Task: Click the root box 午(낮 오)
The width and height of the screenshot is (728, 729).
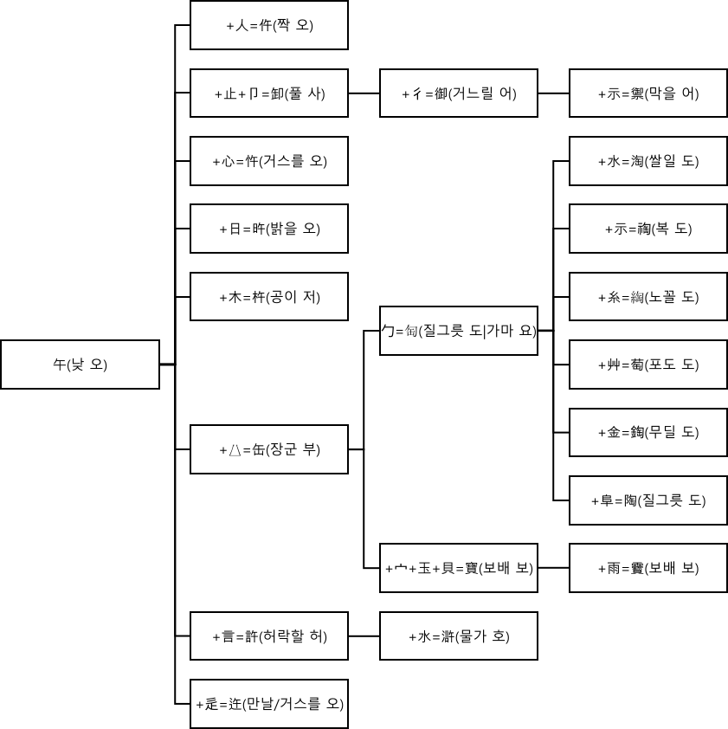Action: click(80, 364)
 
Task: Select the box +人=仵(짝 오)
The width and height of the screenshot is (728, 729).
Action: click(269, 25)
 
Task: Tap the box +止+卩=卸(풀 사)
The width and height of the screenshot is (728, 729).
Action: click(269, 94)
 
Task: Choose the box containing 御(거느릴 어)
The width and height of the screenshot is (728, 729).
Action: click(459, 94)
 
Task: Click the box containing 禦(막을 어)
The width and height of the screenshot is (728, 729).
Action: click(647, 94)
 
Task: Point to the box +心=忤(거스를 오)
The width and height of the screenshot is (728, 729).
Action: click(269, 161)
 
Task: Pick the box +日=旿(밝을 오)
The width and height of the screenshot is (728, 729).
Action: click(269, 229)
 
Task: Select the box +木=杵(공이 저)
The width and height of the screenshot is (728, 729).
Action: click(269, 297)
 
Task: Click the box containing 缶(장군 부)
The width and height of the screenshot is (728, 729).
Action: click(269, 449)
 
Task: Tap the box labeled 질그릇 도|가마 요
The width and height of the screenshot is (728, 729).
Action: click(459, 331)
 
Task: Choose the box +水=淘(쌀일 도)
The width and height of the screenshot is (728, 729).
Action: click(647, 161)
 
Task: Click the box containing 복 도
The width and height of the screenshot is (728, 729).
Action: click(647, 229)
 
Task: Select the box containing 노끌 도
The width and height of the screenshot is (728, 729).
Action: click(647, 297)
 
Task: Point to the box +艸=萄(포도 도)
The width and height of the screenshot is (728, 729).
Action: click(647, 364)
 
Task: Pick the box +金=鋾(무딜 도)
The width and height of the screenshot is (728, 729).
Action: click(647, 432)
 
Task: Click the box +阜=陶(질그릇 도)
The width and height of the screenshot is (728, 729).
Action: click(647, 500)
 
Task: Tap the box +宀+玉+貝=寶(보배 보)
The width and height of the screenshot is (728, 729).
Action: click(459, 568)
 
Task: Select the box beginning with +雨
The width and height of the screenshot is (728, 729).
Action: click(647, 568)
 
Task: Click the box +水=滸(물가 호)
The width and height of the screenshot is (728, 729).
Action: click(459, 636)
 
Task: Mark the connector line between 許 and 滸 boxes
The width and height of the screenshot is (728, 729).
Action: click(364, 636)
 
